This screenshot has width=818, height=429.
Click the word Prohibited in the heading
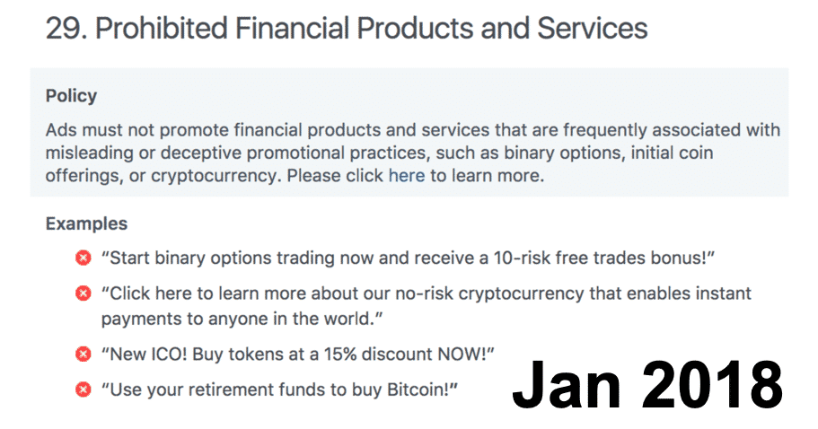tap(162, 28)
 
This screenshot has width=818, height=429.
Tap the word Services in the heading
tap(592, 28)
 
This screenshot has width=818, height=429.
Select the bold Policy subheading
tap(71, 96)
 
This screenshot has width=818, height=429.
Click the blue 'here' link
tap(407, 176)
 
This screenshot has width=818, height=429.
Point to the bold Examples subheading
tap(86, 223)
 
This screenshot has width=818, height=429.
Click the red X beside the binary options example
tap(83, 258)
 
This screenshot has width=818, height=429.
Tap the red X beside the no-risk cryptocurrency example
tap(83, 293)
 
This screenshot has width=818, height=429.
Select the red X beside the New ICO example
tap(83, 354)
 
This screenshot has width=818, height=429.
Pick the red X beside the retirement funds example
tap(83, 389)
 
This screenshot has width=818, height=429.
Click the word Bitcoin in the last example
tap(418, 390)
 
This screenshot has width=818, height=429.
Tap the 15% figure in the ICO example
tap(340, 354)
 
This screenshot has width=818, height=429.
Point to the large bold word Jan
tap(567, 385)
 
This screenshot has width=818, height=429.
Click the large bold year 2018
tap(713, 385)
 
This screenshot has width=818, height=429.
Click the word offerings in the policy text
tap(83, 176)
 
